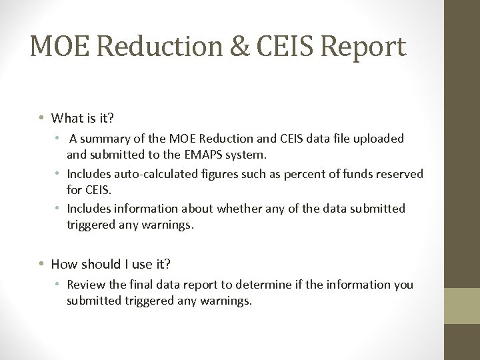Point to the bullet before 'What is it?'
41,118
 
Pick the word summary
107,139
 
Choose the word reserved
400,174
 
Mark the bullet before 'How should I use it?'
41,263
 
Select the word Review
85,285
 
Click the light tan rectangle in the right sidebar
462,305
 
